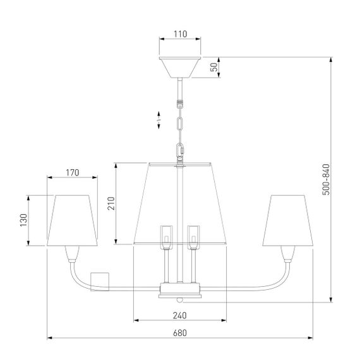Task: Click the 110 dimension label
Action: click(x=180, y=34)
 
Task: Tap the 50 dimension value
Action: click(x=214, y=67)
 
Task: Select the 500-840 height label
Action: click(x=326, y=179)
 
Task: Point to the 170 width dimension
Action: click(x=73, y=172)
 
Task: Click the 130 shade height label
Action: click(x=23, y=220)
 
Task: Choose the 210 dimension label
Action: click(x=111, y=203)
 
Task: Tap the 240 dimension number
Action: click(x=180, y=316)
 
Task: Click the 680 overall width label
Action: click(x=180, y=333)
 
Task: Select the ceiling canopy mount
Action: click(x=180, y=68)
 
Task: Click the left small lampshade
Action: click(x=72, y=220)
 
